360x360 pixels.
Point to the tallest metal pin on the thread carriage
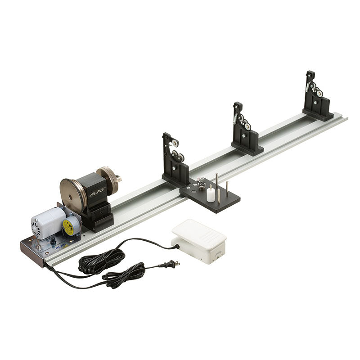[216, 184]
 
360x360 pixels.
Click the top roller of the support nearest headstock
[173, 143]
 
